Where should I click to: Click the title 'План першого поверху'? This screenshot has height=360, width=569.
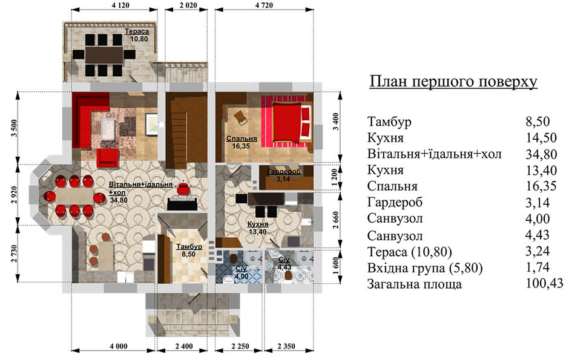(453, 82)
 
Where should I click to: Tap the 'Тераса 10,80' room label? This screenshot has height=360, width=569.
(137, 35)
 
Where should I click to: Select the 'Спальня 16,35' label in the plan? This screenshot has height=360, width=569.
(242, 142)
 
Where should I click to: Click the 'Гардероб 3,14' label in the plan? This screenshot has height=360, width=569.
(284, 175)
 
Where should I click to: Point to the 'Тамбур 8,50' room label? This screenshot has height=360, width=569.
(189, 250)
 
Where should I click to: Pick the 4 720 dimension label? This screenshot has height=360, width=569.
(264, 5)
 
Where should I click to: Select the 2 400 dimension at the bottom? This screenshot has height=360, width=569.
(184, 346)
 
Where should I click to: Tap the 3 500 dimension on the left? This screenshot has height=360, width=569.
(15, 128)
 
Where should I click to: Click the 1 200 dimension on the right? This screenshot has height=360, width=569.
(335, 177)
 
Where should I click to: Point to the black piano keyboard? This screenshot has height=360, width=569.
(182, 204)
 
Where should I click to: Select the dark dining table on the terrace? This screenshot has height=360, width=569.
(104, 54)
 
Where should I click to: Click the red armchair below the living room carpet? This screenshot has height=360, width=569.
(107, 157)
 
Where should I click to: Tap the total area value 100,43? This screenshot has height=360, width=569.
(544, 283)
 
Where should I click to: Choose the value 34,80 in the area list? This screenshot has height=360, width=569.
(541, 154)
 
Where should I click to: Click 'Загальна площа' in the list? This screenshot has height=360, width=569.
(415, 284)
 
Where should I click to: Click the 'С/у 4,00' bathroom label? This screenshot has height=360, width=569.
(242, 273)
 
